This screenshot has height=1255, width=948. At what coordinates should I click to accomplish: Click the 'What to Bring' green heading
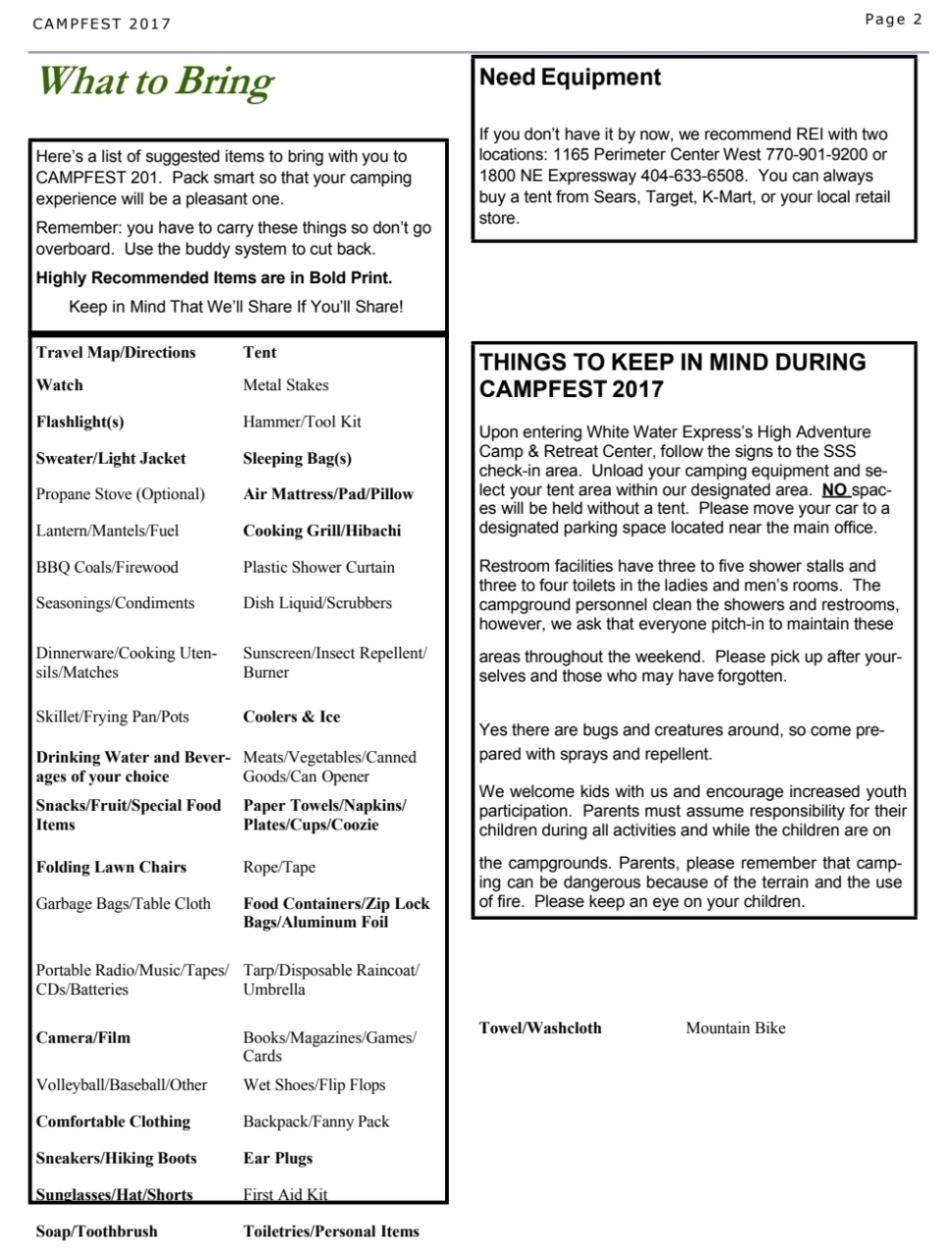156,81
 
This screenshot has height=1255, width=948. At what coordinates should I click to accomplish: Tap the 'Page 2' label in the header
893,19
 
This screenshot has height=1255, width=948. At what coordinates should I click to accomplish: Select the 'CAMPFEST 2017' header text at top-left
101,24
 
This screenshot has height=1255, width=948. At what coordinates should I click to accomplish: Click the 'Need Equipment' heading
571,77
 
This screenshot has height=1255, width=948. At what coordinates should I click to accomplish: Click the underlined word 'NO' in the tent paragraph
833,489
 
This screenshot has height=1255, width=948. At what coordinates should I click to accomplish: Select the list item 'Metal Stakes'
285,385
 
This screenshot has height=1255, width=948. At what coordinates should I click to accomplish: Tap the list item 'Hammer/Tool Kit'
302,422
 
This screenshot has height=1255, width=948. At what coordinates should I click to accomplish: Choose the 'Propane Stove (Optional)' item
121,494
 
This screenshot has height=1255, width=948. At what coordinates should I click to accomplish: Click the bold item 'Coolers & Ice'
291,717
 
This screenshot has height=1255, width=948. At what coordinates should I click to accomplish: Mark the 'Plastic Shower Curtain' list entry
319,567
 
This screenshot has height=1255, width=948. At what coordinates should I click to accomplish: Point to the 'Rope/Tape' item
279,867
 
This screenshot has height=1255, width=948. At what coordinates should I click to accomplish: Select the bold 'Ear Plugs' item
277,1158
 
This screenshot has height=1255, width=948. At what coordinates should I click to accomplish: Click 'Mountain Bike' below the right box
735,1028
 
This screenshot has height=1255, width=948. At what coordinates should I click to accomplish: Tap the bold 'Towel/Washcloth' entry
540,1028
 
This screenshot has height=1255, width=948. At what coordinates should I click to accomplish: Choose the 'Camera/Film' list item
83,1037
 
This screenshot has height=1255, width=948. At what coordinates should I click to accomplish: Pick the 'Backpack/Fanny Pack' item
316,1122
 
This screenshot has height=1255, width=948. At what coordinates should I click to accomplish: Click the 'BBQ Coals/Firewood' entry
107,567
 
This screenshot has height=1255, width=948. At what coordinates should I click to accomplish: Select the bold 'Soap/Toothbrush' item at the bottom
96,1231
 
